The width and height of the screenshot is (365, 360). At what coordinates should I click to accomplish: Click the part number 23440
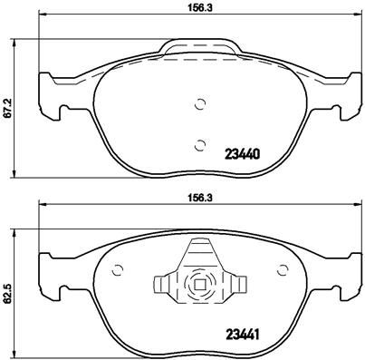pos(242,153)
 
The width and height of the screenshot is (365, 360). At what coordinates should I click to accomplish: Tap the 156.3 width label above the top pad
pos(199,12)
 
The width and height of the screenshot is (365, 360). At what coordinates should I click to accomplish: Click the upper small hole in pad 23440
pos(199,103)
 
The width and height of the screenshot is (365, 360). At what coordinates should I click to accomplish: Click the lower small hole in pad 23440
pos(199,141)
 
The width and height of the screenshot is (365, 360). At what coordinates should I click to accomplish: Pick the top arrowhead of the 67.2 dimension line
pos(21,42)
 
